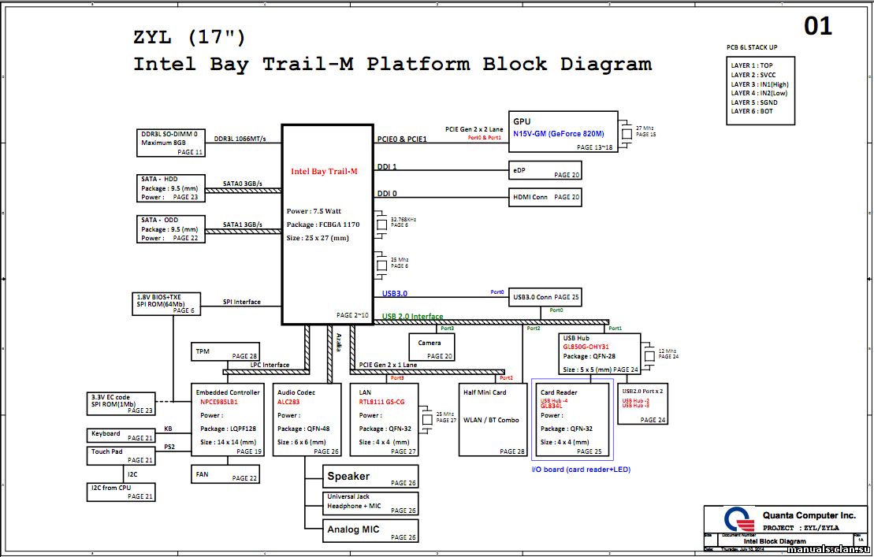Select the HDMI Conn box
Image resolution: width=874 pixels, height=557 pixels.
[x=545, y=197]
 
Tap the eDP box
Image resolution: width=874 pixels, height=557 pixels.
[x=545, y=171]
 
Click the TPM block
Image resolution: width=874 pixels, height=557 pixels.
[x=225, y=352]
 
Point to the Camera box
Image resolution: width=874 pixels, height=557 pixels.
[x=431, y=347]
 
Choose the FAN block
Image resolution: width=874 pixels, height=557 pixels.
[x=225, y=474]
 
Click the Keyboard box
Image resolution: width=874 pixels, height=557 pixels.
[x=121, y=436]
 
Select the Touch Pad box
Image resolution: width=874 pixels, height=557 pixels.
[x=121, y=456]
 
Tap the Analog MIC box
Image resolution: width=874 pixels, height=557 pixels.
[x=370, y=530]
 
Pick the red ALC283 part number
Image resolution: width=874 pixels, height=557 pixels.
[x=288, y=402]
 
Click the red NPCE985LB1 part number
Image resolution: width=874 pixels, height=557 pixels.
[x=219, y=402]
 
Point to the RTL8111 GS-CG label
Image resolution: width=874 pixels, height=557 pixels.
[x=381, y=402]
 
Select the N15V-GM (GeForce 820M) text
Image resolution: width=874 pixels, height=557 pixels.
[x=559, y=134]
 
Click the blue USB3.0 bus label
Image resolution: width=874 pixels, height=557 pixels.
[x=395, y=294]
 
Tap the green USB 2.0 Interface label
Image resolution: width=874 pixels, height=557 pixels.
[x=412, y=317]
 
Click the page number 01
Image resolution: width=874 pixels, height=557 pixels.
[x=818, y=27]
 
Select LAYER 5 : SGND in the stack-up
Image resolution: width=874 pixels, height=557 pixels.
[x=754, y=102]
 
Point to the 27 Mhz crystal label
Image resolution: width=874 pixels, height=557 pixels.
[x=644, y=128]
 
